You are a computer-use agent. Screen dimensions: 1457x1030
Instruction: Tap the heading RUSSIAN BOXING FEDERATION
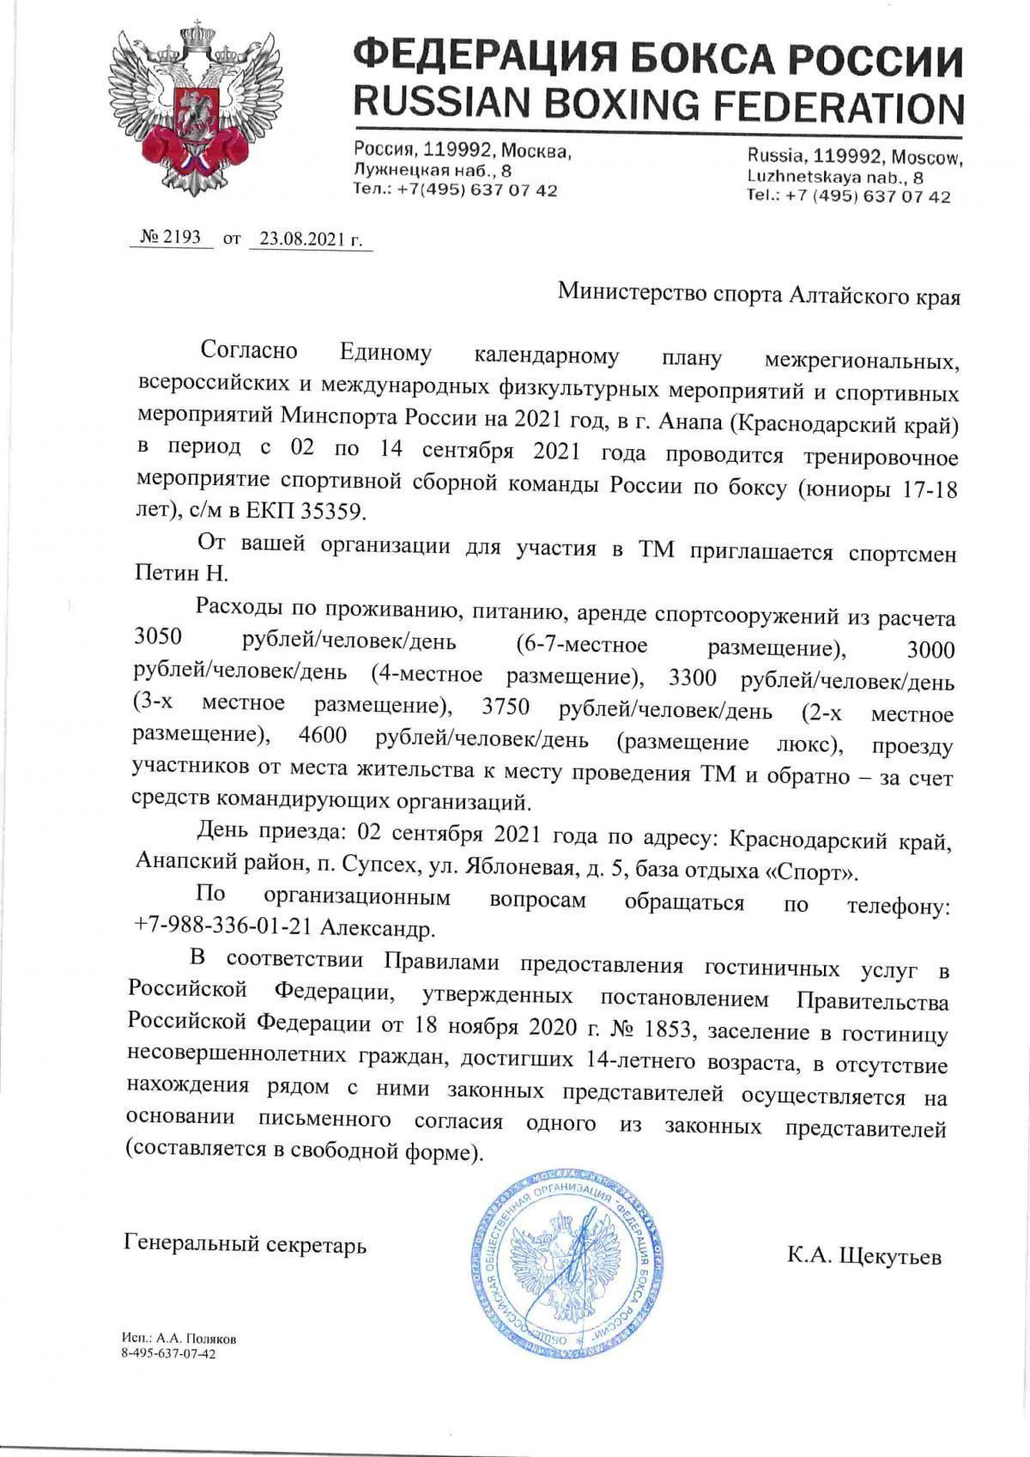click(x=659, y=106)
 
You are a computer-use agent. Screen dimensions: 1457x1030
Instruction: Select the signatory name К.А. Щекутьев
click(x=864, y=1257)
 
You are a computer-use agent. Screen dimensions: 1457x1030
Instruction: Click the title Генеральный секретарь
click(x=245, y=1243)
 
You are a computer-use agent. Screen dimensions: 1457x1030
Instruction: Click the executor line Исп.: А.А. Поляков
click(x=179, y=1339)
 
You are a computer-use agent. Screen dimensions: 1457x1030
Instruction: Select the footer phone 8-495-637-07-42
click(x=170, y=1354)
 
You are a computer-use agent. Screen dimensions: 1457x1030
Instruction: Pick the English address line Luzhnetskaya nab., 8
click(x=835, y=177)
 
